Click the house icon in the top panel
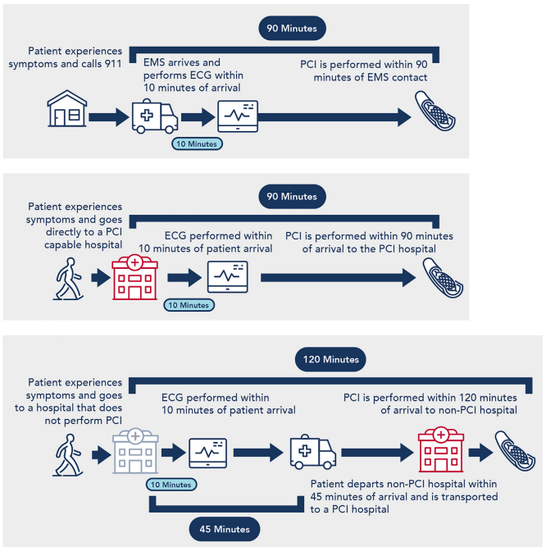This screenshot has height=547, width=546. pyautogui.click(x=67, y=108)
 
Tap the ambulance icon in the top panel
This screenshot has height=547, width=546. pyautogui.click(x=155, y=116)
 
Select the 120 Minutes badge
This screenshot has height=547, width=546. pyautogui.click(x=330, y=359)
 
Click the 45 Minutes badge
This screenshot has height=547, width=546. pyautogui.click(x=225, y=529)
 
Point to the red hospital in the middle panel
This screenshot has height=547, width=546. pyautogui.click(x=135, y=277)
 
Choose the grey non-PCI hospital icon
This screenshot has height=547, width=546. pyautogui.click(x=135, y=450)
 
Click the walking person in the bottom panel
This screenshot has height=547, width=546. pyautogui.click(x=68, y=455)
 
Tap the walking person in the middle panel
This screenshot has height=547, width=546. pyautogui.click(x=69, y=279)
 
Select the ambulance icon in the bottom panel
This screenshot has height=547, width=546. pyautogui.click(x=313, y=452)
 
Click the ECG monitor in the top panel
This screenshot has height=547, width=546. pyautogui.click(x=238, y=116)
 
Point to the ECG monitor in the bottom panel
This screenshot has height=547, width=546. pyautogui.click(x=207, y=454)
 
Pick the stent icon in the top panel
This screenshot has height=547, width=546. pyautogui.click(x=435, y=111)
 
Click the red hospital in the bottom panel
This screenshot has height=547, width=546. pyautogui.click(x=441, y=449)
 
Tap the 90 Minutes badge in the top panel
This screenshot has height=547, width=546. pyautogui.click(x=292, y=28)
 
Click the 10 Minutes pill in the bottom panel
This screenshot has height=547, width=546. pyautogui.click(x=171, y=485)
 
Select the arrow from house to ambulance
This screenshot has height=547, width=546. pyautogui.click(x=109, y=117)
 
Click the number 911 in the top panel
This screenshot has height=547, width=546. pyautogui.click(x=112, y=64)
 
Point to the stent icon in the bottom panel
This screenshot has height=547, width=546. pyautogui.click(x=515, y=451)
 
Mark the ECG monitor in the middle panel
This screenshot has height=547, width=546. pyautogui.click(x=228, y=276)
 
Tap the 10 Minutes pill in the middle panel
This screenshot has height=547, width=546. pyautogui.click(x=189, y=305)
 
